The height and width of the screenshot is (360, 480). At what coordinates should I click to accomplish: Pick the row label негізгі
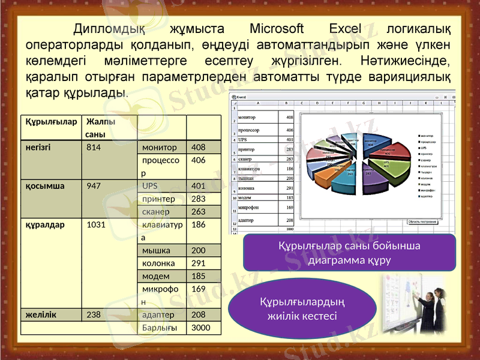38,147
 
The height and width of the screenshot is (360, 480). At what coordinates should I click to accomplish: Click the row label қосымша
41,186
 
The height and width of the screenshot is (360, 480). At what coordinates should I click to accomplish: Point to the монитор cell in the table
160,147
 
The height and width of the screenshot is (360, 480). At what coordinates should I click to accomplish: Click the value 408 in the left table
198,147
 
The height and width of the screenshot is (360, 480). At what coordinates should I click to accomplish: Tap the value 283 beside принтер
198,199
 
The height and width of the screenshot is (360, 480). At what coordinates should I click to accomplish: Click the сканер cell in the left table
155,212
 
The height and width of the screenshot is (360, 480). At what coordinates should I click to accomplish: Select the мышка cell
156,250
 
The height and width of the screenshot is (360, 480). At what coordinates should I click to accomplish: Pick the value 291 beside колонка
198,263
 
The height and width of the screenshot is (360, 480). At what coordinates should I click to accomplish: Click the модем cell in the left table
155,277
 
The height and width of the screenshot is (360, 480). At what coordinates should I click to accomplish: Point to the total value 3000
200,328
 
